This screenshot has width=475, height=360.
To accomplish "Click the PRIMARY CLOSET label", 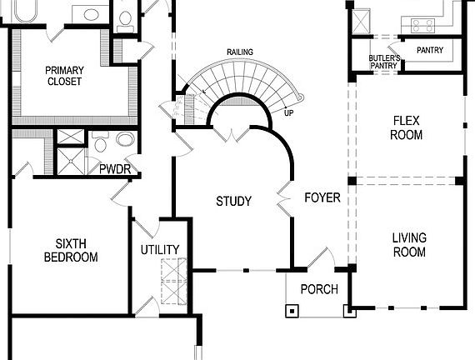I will coord(65,76).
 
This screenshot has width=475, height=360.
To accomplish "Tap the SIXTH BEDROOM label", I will coord(71,250).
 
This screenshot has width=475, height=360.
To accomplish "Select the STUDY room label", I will coord(233,201).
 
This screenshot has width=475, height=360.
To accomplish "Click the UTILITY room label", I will coord(160,249).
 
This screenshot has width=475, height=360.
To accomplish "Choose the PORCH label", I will coord(319,289).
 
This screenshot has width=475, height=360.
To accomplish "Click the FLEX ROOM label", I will coord(407,127).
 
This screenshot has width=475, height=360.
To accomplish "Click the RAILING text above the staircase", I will coord(240,52).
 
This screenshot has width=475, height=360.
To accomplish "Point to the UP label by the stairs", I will coord(288,112).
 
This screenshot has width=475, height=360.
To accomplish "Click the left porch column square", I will coord(292,312).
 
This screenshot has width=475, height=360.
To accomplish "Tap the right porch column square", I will coord(347,312).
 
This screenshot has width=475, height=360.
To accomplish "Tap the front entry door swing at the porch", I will coord(322,260).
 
